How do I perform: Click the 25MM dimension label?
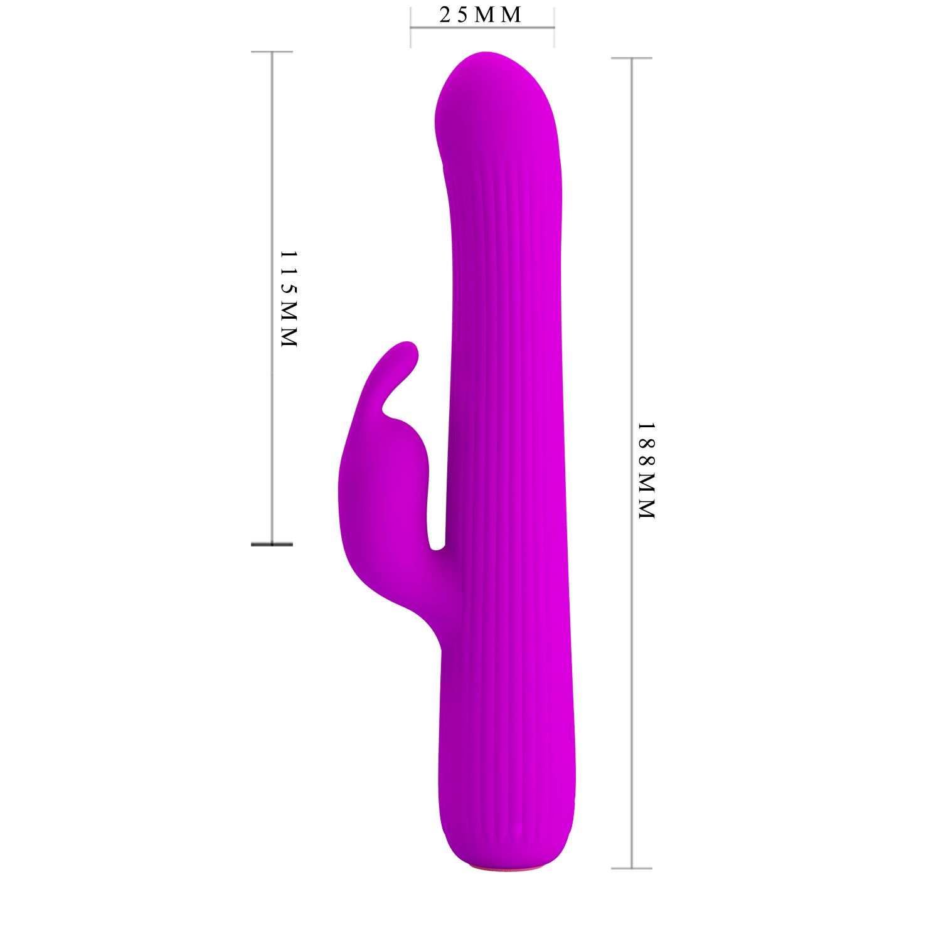pos(480,14)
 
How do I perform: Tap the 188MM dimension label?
pos(647,470)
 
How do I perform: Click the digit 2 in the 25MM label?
pos(445,14)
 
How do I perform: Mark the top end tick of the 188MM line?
pos(632,58)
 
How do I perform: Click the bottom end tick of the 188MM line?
pos(632,868)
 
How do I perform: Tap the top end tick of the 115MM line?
pos(272,52)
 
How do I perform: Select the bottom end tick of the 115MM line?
pos(272,544)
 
